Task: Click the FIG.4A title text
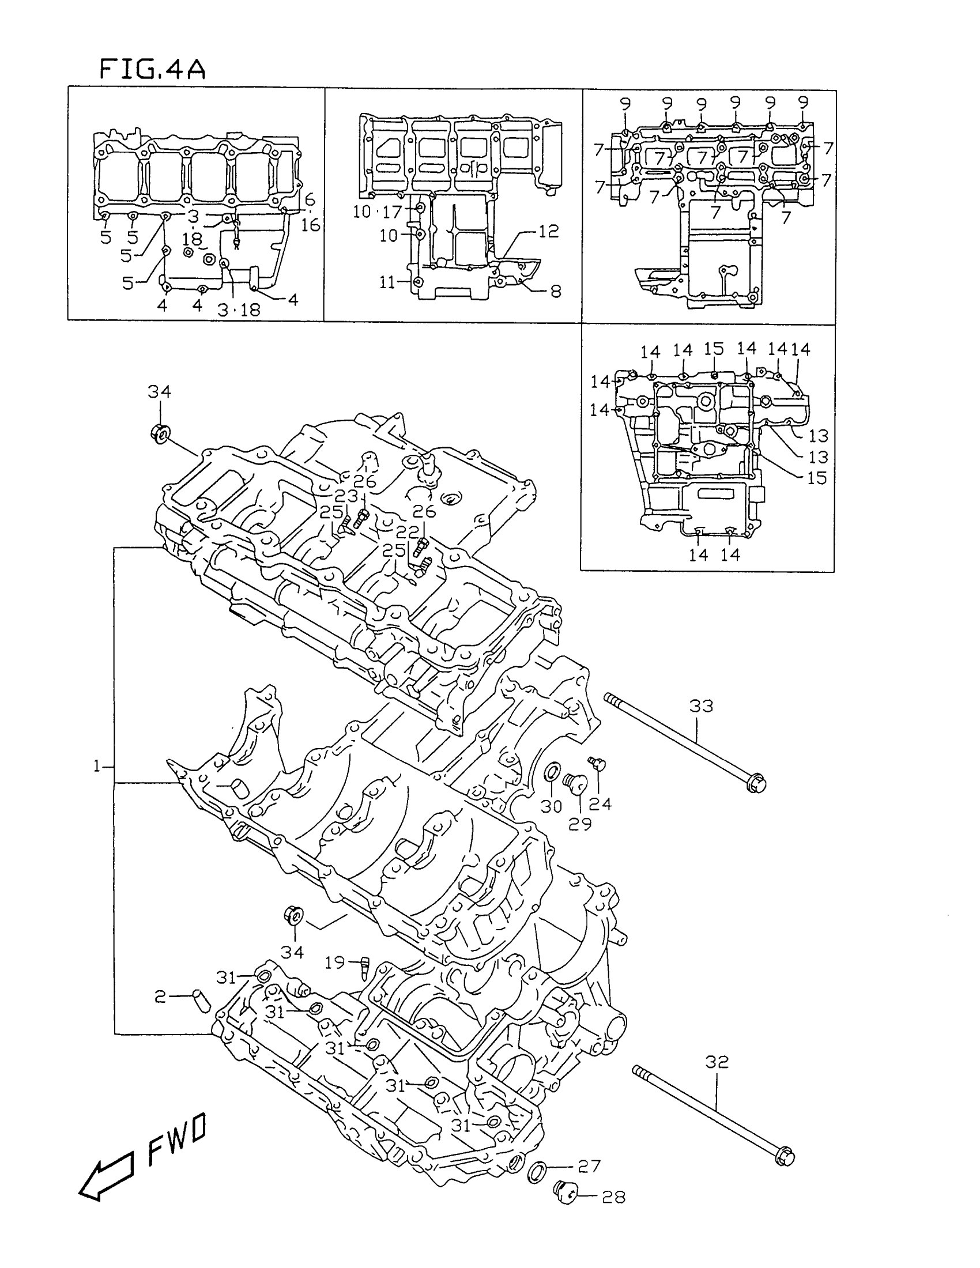click(153, 69)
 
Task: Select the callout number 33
click(702, 706)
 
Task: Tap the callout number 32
click(717, 1062)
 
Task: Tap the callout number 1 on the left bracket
click(97, 767)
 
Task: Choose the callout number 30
click(552, 806)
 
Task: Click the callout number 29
click(579, 823)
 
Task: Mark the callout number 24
click(601, 804)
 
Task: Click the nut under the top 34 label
click(160, 433)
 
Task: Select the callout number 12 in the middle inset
click(549, 231)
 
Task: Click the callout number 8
click(556, 291)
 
